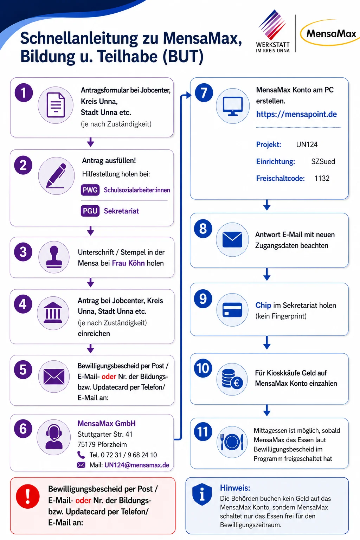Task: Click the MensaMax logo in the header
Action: [x=330, y=33]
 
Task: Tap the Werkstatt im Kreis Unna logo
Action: [x=273, y=31]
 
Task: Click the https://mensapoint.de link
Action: [x=296, y=114]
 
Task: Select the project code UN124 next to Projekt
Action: [x=307, y=144]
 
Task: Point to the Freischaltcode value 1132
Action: [x=322, y=178]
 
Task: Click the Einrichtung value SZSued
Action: [x=323, y=161]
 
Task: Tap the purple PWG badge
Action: [x=90, y=190]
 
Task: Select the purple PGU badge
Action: [x=90, y=211]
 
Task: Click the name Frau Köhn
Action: [x=128, y=263]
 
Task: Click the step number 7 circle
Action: [x=204, y=93]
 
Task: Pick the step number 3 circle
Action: [x=23, y=252]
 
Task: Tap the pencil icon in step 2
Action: [x=56, y=176]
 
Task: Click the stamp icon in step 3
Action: [x=54, y=257]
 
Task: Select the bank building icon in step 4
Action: [x=53, y=313]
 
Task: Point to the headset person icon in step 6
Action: [x=53, y=437]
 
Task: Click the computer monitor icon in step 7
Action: [x=233, y=106]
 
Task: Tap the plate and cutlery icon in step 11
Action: [x=232, y=442]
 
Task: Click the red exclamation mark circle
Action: [x=28, y=496]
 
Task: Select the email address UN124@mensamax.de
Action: [x=137, y=465]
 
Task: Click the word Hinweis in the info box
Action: [x=235, y=488]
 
